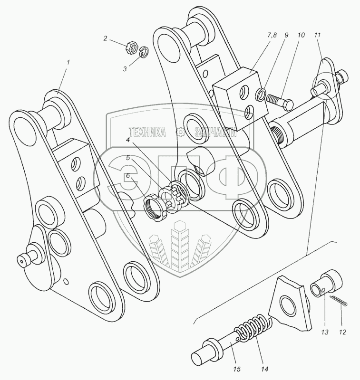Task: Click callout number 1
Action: (68, 62)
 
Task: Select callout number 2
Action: (106, 38)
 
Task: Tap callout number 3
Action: (125, 69)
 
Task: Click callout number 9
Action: (286, 35)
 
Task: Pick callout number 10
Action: (301, 35)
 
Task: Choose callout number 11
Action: (317, 35)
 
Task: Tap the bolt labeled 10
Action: (280, 102)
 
